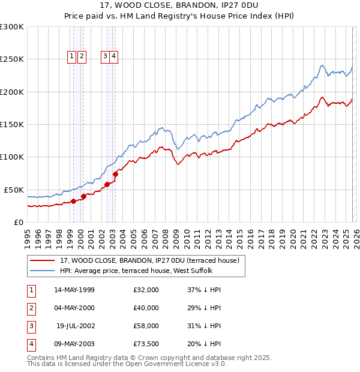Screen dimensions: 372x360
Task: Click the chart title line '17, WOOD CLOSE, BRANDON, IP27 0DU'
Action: [x=180, y=6]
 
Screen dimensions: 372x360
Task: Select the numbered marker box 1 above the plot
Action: [x=71, y=56]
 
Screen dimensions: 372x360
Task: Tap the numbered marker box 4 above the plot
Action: [x=113, y=56]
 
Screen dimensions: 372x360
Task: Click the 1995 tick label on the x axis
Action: [x=27, y=237]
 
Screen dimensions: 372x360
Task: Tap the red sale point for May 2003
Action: [x=115, y=174]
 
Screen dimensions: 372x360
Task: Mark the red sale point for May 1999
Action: [x=73, y=201]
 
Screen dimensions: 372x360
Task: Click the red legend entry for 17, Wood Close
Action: [x=150, y=260]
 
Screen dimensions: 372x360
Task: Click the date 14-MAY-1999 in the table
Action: [x=74, y=290]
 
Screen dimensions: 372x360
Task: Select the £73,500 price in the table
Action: [x=147, y=344]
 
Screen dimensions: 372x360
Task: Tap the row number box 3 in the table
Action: [x=30, y=326]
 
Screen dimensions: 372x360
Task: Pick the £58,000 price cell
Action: [x=147, y=326]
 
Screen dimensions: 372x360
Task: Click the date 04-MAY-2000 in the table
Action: [x=74, y=308]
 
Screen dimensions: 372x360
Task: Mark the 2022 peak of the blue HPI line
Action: [x=322, y=65]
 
